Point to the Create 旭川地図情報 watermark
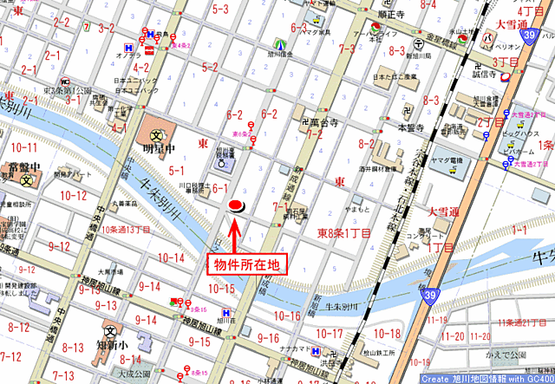click(486, 378)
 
